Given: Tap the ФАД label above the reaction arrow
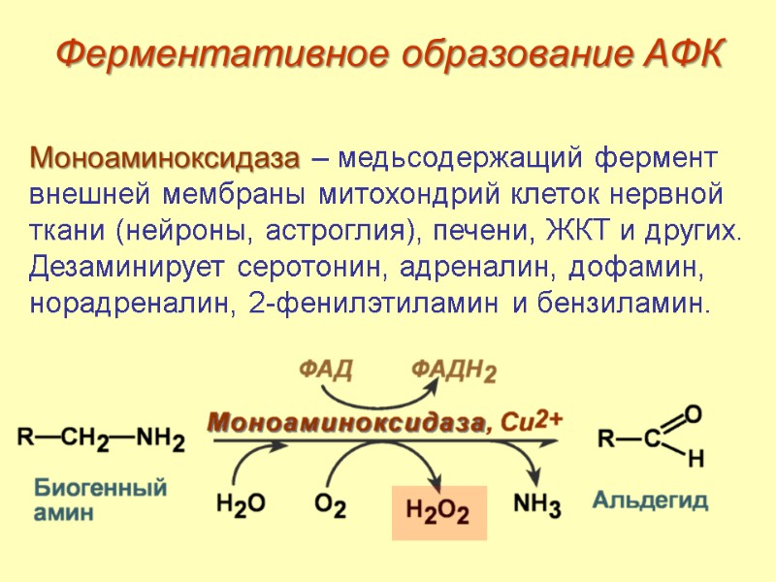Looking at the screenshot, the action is (x=324, y=370).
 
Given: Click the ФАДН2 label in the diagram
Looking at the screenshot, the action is (x=453, y=371).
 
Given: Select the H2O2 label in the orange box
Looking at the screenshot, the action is (x=437, y=511).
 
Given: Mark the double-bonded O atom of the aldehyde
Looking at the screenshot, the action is (x=693, y=413).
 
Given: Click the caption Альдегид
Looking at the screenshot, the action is (x=651, y=501).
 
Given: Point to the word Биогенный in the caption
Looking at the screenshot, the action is (x=101, y=488).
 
